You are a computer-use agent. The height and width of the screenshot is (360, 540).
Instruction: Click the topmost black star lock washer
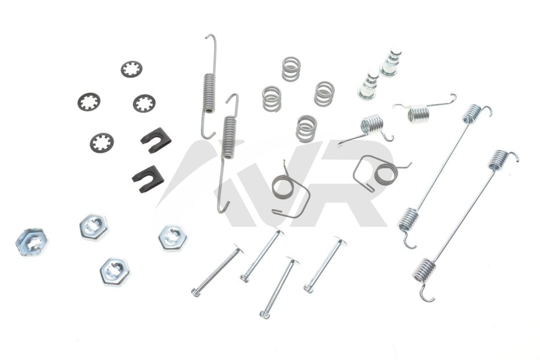[x=131, y=69]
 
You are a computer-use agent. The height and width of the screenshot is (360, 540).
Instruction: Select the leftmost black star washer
[x=89, y=102]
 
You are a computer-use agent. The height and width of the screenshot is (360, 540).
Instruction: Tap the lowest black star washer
[x=102, y=143]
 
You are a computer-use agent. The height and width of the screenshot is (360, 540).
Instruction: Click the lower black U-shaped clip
[x=147, y=179]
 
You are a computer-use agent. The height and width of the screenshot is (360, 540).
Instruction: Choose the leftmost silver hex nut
[x=32, y=242]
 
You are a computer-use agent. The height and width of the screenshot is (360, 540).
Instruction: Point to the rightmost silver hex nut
[x=172, y=238]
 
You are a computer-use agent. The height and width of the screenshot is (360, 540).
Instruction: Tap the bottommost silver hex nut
[x=115, y=271]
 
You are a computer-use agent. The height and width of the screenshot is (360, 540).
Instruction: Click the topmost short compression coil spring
[x=292, y=69]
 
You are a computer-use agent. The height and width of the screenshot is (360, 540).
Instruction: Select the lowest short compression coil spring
[x=306, y=128]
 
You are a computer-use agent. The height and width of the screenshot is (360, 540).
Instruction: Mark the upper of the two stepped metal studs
[x=391, y=63]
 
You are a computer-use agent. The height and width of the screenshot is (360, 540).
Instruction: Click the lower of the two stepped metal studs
[x=368, y=85]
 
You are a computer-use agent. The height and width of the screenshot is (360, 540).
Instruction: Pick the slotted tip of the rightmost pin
[x=309, y=288]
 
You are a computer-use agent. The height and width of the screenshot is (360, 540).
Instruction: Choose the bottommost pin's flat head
[x=292, y=261]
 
